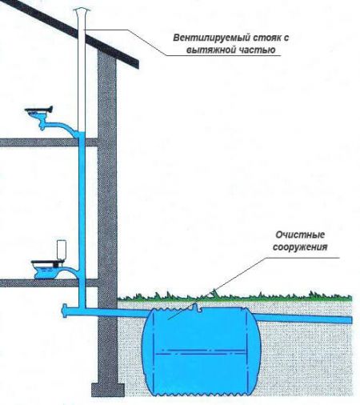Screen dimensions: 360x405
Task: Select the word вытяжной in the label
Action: [208, 50]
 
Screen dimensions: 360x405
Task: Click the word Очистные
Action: [300, 235]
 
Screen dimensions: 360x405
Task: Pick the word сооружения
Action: [300, 247]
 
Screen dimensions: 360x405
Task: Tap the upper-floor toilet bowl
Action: [39, 114]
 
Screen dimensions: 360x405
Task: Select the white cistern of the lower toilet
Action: [62, 250]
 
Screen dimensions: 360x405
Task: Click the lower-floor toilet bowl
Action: [46, 270]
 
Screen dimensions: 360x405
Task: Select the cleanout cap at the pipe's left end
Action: [64, 311]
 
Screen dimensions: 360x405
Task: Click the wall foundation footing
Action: [108, 390]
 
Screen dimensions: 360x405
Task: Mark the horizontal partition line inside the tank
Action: [200, 351]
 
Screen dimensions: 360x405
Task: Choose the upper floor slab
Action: [49, 142]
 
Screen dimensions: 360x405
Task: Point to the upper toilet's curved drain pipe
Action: [62, 127]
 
